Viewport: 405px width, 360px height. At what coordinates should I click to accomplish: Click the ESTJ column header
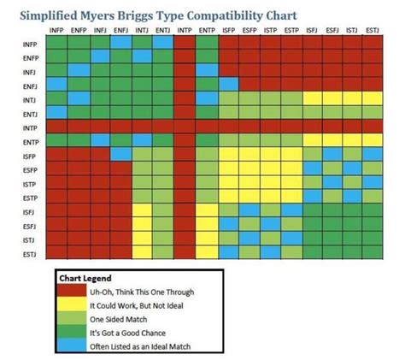(x=373, y=30)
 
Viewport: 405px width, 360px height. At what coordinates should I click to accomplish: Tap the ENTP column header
(x=206, y=30)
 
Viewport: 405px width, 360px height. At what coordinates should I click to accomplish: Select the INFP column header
(x=56, y=30)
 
